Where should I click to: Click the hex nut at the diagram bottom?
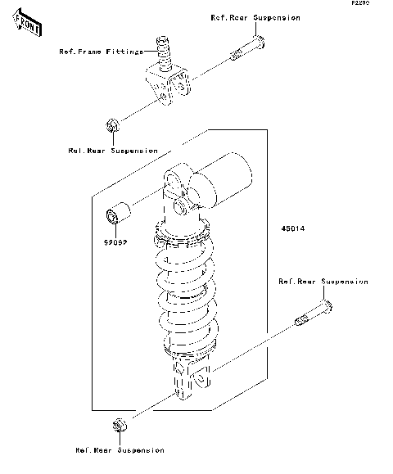pyautogui.click(x=119, y=426)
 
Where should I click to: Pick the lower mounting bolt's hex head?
pyautogui.click(x=327, y=308)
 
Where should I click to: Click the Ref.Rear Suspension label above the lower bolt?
pyautogui.click(x=323, y=282)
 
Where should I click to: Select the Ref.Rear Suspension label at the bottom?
pyautogui.click(x=120, y=450)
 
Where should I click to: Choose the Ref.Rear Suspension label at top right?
pyautogui.click(x=255, y=17)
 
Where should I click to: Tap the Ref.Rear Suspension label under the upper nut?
pyautogui.click(x=113, y=151)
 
